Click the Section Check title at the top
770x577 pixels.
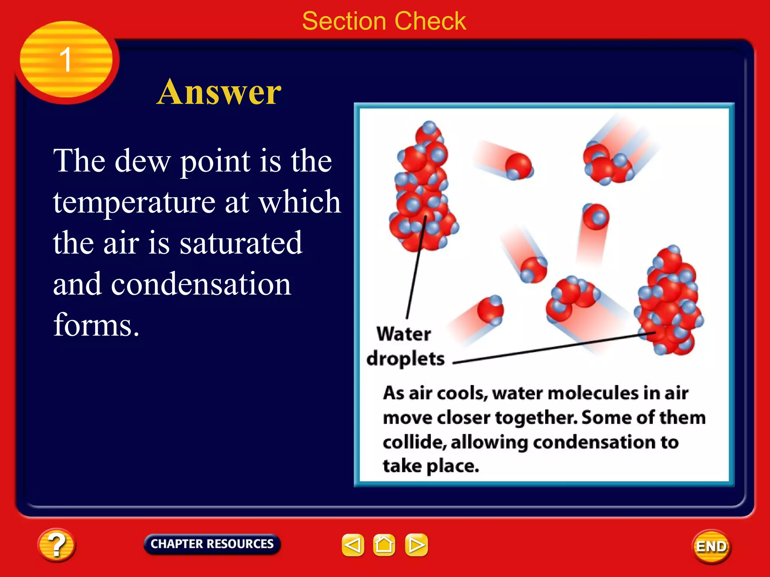(x=384, y=21)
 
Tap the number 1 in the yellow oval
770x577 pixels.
(x=66, y=59)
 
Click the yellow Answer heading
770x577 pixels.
(x=219, y=92)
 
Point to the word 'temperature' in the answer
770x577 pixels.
(x=134, y=202)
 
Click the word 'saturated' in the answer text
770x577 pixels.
(x=241, y=243)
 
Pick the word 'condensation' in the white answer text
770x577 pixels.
(x=201, y=284)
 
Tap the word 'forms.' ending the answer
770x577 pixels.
(x=96, y=325)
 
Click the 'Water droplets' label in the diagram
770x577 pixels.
(x=405, y=346)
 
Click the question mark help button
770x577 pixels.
(x=56, y=545)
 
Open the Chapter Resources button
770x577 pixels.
(x=212, y=544)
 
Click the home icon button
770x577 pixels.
(x=384, y=545)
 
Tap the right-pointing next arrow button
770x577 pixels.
(x=416, y=545)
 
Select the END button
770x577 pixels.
(x=711, y=546)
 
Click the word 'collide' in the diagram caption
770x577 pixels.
(x=414, y=442)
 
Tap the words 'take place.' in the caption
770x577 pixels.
(x=431, y=466)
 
